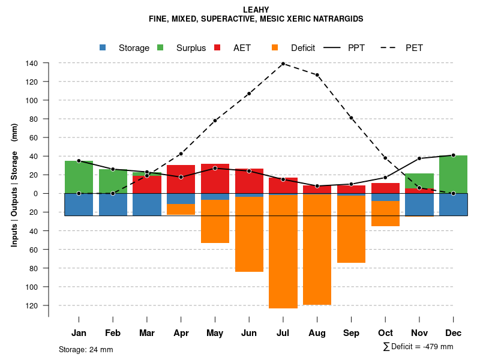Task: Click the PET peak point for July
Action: (283, 64)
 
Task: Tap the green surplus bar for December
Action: (453, 174)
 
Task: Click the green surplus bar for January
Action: (79, 177)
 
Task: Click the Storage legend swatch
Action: (103, 48)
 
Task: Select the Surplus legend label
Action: (191, 48)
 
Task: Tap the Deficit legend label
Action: (303, 48)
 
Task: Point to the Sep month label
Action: (351, 333)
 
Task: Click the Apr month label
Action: (181, 333)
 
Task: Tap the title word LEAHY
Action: (256, 10)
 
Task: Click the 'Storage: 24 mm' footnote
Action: (86, 349)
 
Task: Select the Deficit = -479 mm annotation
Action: (418, 347)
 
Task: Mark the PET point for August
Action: (317, 75)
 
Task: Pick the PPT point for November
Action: (419, 158)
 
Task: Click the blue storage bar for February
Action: (113, 204)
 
